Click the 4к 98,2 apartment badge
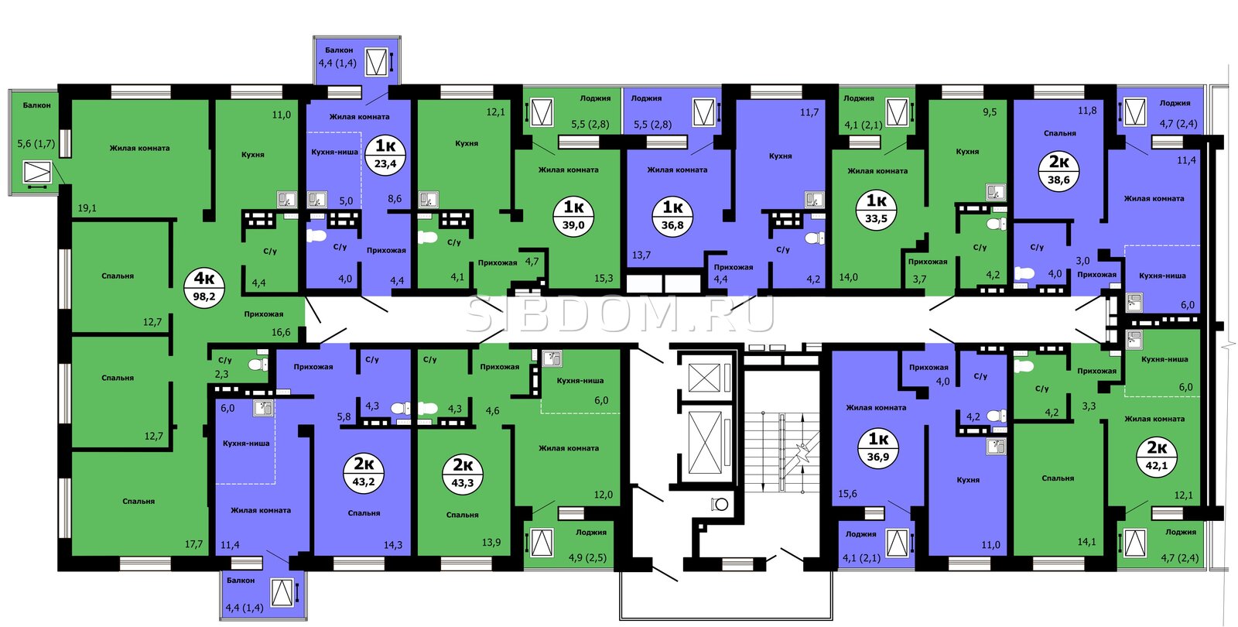tap(204, 287)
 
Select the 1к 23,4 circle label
tap(385, 154)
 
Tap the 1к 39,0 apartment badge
tap(573, 216)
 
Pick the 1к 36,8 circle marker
tap(672, 216)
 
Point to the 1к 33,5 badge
tap(876, 209)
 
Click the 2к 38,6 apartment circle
tap(1058, 171)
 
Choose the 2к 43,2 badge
tap(364, 471)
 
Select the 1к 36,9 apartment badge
tap(878, 448)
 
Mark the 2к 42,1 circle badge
tap(1157, 456)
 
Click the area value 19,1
tap(87, 208)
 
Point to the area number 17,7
tap(193, 544)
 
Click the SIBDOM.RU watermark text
tap(619, 314)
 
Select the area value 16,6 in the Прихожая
tap(281, 332)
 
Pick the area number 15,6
tap(847, 494)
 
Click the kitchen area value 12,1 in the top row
tap(495, 111)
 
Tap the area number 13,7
tap(641, 255)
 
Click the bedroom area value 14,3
tap(393, 545)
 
